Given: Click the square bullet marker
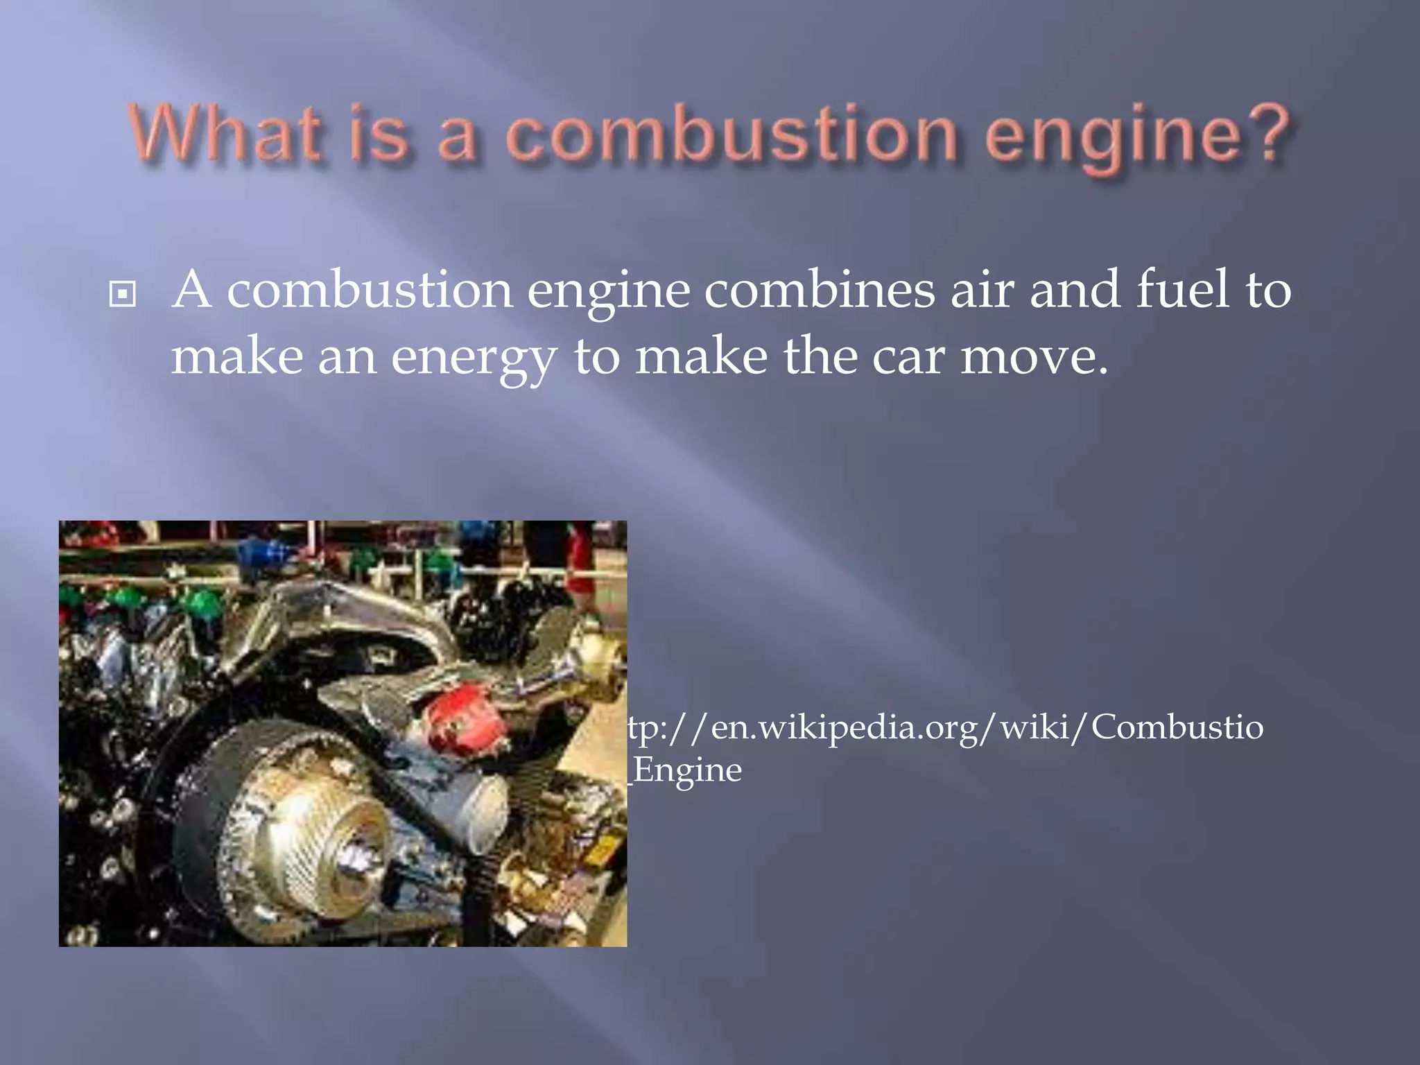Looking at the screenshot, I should click(123, 295).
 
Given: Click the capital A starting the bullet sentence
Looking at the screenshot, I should click(191, 290).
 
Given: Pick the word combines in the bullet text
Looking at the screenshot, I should click(820, 290).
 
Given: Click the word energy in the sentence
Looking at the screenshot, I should click(474, 357).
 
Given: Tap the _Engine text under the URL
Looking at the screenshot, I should click(686, 770).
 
